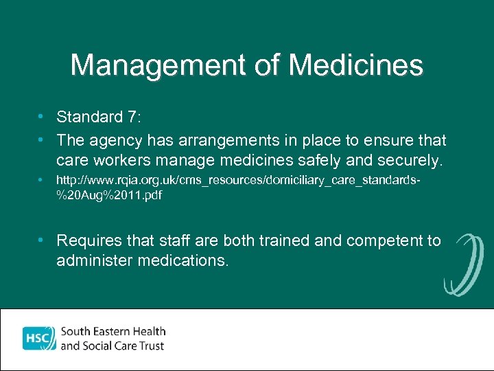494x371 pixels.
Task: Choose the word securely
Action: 408,161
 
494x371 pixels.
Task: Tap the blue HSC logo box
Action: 38,339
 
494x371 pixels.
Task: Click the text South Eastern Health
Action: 113,332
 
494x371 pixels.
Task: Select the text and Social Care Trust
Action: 113,346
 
